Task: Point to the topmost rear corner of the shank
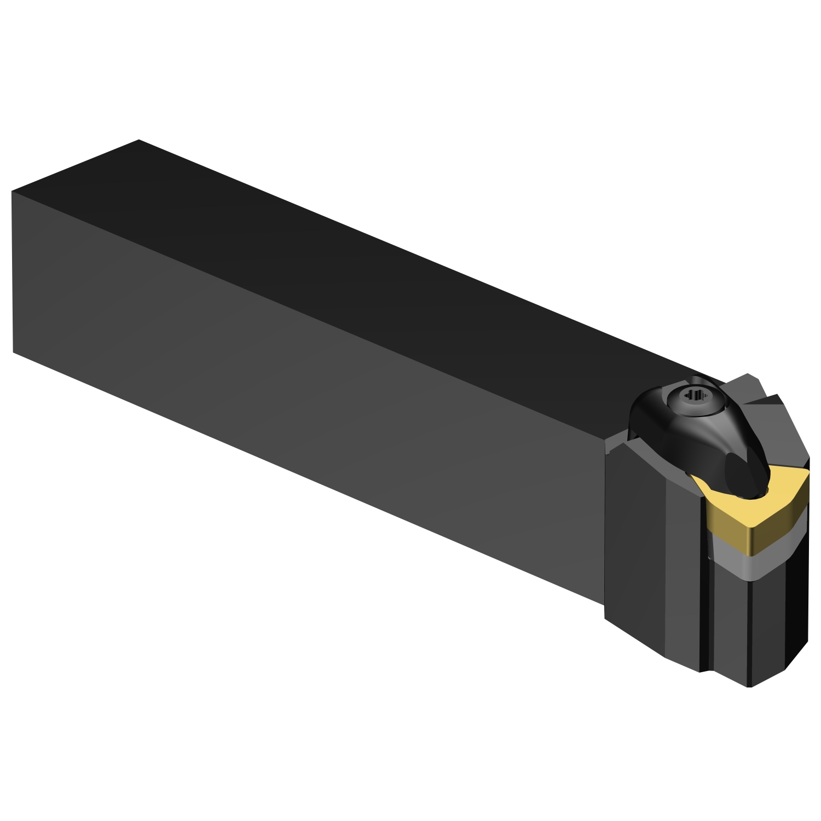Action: (138, 140)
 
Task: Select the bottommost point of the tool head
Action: (750, 686)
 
